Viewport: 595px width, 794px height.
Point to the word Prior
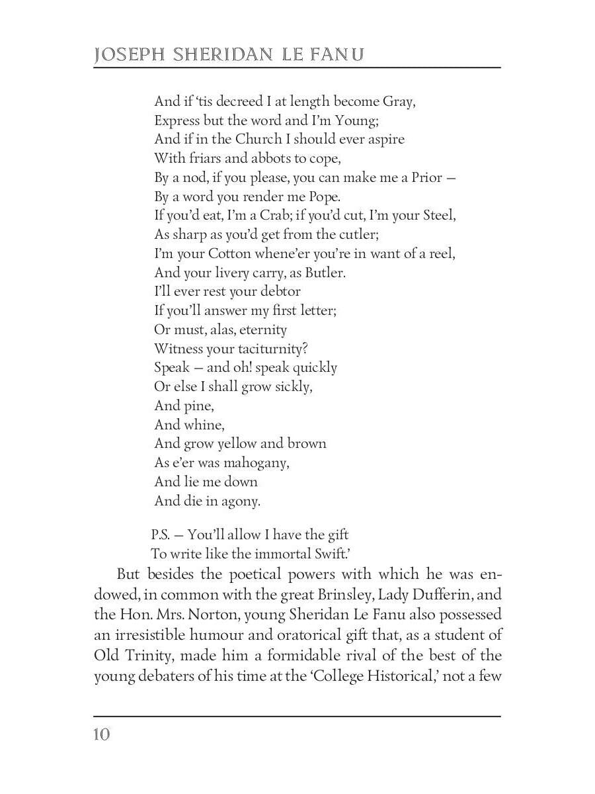pos(428,178)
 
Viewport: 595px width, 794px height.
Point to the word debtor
pos(278,292)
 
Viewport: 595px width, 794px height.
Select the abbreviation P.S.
pos(161,535)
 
